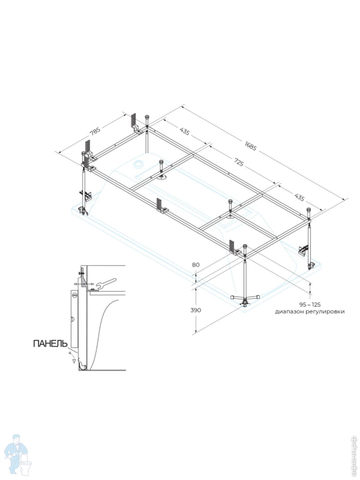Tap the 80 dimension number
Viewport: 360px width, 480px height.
[195, 264]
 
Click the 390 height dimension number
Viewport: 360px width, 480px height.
[195, 310]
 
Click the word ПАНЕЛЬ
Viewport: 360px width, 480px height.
[50, 343]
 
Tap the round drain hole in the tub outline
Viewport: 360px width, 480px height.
[139, 164]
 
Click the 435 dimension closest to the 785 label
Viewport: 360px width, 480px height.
[185, 132]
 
